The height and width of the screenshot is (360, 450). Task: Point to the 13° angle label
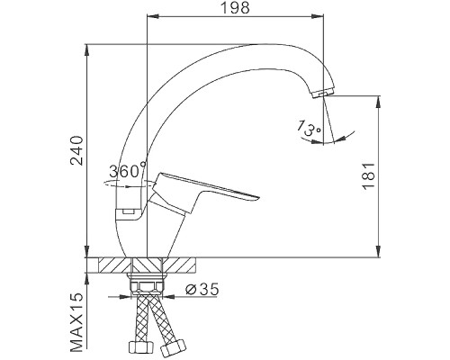tap(307, 128)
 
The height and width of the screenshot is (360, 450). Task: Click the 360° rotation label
tap(125, 171)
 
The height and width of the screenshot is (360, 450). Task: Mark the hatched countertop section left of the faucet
tap(111, 265)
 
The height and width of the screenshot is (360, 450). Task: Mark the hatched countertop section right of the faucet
tap(184, 265)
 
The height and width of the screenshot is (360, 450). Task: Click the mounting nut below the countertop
tap(148, 288)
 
